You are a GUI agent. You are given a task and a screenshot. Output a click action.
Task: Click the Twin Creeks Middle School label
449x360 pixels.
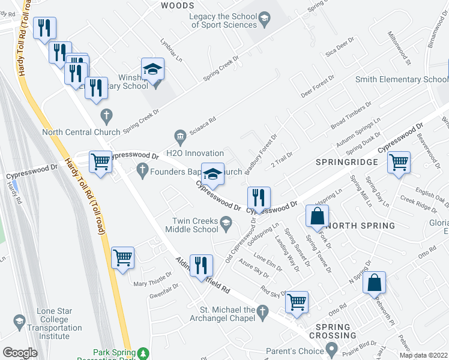[x=195, y=225]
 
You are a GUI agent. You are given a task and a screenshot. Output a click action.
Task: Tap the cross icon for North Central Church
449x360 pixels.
[x=107, y=115]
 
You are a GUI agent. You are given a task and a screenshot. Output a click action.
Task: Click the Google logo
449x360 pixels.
[x=20, y=352]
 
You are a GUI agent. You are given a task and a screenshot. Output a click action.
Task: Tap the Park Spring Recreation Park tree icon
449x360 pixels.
[x=142, y=353]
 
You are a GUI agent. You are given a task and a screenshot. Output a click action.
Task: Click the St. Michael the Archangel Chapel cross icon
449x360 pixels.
[x=262, y=311]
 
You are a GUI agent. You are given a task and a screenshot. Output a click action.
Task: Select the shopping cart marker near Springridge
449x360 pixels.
[x=399, y=163]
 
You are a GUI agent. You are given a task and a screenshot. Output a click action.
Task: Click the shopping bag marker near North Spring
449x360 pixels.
[x=318, y=216]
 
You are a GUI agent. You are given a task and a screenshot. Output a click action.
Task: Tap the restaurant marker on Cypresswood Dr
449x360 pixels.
[x=259, y=197]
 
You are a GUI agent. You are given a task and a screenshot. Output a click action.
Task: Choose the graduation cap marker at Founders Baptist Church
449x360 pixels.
[x=212, y=174]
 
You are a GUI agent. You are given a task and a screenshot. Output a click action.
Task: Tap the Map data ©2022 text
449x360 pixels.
[x=424, y=355]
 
